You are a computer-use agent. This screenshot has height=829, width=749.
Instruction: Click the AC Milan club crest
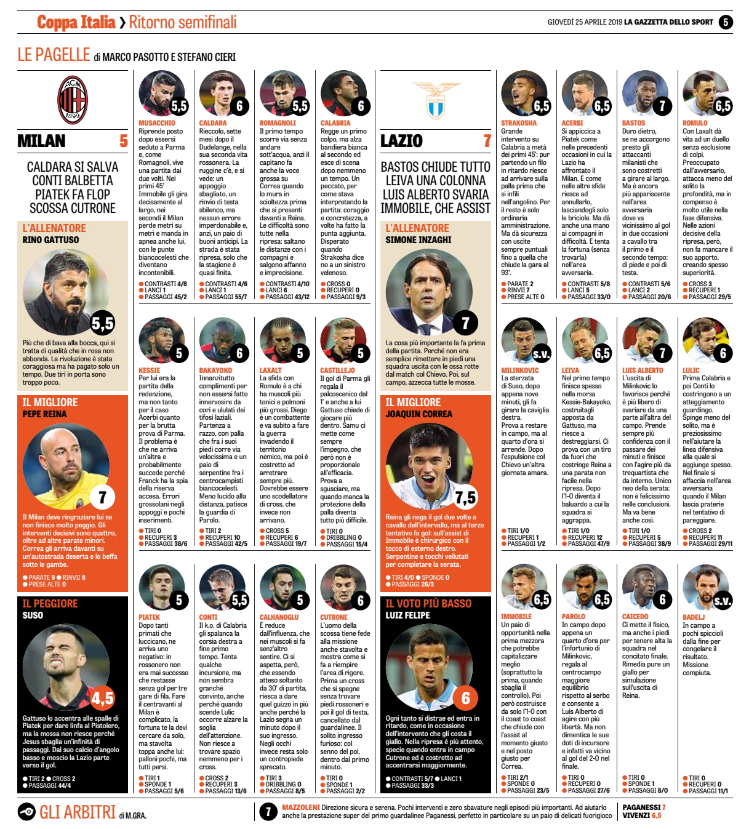(73, 100)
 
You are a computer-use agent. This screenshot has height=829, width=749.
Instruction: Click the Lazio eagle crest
(436, 100)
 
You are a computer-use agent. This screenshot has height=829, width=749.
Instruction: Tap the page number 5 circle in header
(726, 22)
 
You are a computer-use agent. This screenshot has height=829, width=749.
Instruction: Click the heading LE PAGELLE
(54, 55)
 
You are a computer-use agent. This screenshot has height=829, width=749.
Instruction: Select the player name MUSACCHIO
(157, 123)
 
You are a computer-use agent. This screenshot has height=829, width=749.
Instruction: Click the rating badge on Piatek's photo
(178, 599)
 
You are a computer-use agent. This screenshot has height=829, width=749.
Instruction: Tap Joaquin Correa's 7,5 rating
(465, 497)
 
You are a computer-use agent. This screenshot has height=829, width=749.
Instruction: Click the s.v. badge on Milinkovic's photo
(541, 354)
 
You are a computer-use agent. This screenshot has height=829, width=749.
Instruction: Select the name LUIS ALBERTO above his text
(643, 370)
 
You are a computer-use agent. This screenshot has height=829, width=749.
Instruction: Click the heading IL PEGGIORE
(50, 604)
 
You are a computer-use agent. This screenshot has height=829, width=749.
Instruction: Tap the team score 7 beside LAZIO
(487, 141)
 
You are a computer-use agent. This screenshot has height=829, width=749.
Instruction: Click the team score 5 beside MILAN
(123, 141)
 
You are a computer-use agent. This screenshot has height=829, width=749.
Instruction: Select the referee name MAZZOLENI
(300, 807)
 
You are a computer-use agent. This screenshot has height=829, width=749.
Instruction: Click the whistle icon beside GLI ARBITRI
(26, 812)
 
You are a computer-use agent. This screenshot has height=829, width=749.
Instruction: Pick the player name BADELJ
(694, 617)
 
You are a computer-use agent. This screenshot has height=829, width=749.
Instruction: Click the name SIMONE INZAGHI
(419, 240)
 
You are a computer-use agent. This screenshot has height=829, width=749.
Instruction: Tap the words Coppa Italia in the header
(76, 23)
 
